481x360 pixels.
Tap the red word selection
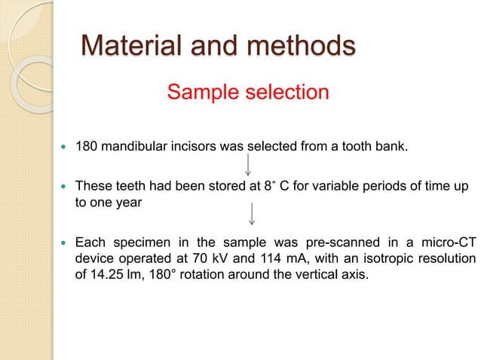point(284,93)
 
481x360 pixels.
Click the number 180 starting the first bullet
point(87,145)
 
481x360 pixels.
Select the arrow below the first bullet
point(250,163)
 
